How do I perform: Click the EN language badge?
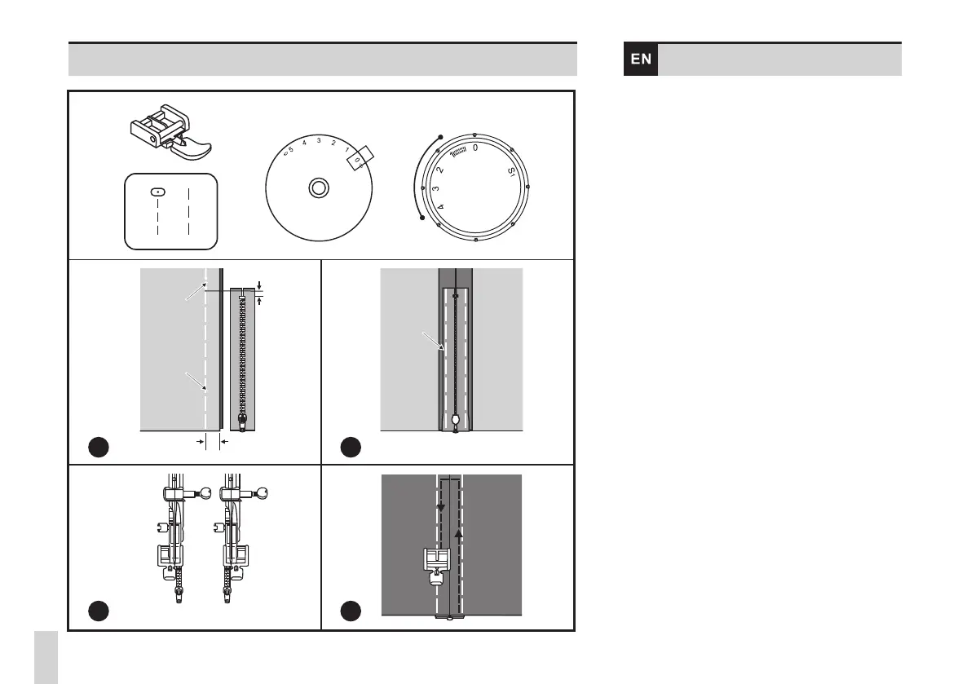(641, 60)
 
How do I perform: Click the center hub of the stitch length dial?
(318, 188)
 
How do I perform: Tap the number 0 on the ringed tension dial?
(475, 148)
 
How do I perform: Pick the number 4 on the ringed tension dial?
(442, 209)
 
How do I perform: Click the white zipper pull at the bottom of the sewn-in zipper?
(455, 421)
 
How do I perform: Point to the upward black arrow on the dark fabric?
(458, 534)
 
